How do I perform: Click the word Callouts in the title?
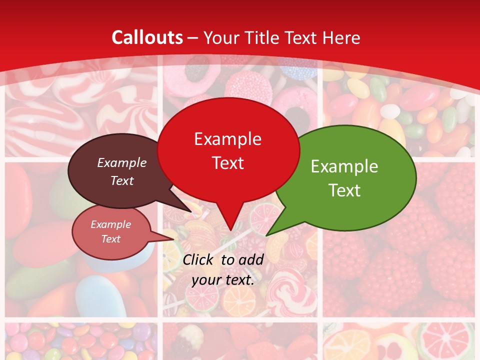[147, 37]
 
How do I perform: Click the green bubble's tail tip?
[267, 235]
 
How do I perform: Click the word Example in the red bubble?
[228, 138]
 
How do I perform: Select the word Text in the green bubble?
[345, 190]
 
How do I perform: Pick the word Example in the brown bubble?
[122, 162]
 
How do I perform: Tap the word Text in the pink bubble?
[111, 239]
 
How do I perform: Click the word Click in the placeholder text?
[199, 259]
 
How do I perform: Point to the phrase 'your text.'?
[223, 280]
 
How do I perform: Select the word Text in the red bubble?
[228, 163]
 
